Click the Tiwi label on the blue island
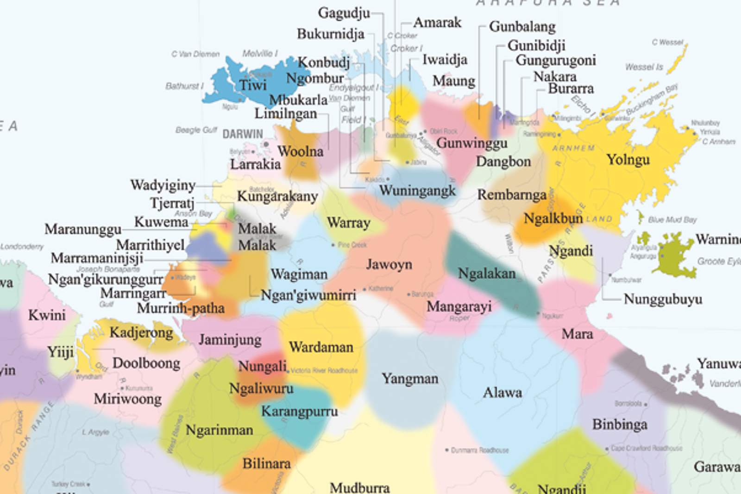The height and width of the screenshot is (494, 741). [x=253, y=85]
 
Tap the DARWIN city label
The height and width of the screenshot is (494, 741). [x=243, y=134]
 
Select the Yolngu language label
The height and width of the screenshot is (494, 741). [x=628, y=160]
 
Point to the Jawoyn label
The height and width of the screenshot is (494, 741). [x=389, y=264]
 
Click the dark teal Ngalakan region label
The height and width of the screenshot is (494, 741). [x=487, y=274]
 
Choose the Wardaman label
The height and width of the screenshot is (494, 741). [x=321, y=347]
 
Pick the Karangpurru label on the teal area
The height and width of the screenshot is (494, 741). [x=299, y=411]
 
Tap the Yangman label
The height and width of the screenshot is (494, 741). [x=410, y=379]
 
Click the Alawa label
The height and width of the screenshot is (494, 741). [x=502, y=393]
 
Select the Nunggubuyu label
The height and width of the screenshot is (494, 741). [x=663, y=299]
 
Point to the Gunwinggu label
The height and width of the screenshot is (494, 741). [x=471, y=143]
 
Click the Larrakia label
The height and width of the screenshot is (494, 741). [x=256, y=164]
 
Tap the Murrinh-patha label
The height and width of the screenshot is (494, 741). [x=181, y=308]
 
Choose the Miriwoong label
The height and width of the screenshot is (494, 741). [x=128, y=399]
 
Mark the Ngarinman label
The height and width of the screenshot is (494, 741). [x=220, y=430]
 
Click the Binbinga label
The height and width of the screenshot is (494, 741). [x=620, y=425]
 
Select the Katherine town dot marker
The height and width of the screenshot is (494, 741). [x=364, y=289]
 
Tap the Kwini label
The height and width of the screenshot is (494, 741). [x=47, y=315]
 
